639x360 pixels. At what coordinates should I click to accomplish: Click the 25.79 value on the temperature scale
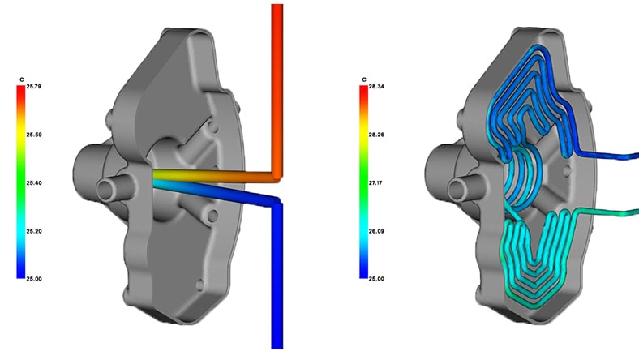tap(35, 86)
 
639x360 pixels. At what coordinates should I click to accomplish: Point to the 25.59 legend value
tap(35, 134)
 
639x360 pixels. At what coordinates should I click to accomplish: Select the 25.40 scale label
tap(35, 182)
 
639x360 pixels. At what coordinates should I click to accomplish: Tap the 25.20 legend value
tap(35, 230)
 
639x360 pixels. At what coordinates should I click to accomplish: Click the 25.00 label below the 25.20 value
tap(35, 278)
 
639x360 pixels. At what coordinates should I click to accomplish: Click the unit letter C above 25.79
tap(21, 79)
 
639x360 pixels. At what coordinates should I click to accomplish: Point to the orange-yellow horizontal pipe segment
tap(211, 175)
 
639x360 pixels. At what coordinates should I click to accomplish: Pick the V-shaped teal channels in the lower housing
tap(535, 251)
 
